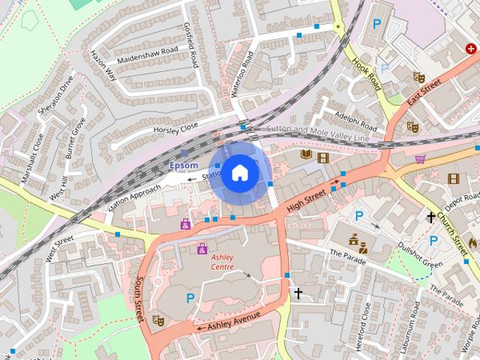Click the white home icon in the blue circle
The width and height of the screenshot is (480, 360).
[x=238, y=172]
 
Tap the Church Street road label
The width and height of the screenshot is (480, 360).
[x=457, y=230]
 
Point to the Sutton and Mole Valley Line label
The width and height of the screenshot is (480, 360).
[x=319, y=133]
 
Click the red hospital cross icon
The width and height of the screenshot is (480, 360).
[x=471, y=48]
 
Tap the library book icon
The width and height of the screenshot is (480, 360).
[x=305, y=155]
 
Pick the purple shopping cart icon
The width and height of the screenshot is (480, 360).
[x=420, y=158]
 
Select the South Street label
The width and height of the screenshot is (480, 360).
[x=139, y=299]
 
